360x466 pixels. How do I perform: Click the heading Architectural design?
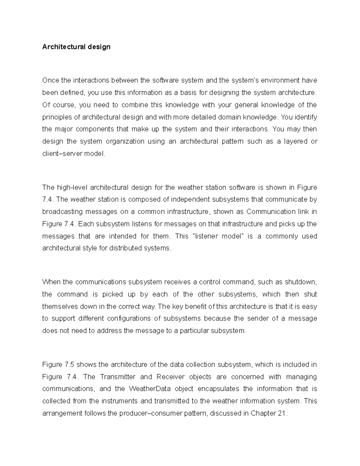pyautogui.click(x=76, y=47)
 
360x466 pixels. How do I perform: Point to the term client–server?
pyautogui.click(x=62, y=154)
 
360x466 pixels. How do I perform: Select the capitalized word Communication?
pyautogui.click(x=271, y=212)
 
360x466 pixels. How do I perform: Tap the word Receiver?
pyautogui.click(x=169, y=377)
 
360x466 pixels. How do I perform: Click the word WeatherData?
pyautogui.click(x=150, y=389)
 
